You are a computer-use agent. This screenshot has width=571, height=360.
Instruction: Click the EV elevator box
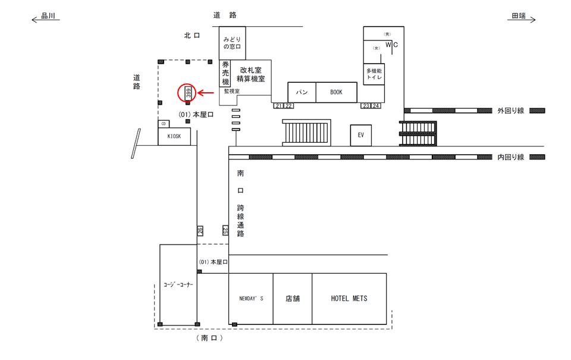click(360, 135)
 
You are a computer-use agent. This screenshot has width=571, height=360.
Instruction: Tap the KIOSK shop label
click(174, 136)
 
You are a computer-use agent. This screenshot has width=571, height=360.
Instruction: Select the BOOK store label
click(337, 92)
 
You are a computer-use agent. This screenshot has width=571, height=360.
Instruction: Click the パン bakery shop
click(302, 92)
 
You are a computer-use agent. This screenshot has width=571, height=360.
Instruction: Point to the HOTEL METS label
click(349, 299)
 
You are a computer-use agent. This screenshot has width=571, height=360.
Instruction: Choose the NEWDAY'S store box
click(251, 299)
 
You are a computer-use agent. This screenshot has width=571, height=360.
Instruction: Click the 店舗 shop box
click(292, 299)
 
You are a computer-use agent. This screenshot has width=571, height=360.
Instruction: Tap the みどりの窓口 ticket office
click(232, 43)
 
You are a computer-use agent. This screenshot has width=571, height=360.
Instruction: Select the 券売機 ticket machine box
click(225, 73)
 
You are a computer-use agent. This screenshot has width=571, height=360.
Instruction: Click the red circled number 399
click(188, 93)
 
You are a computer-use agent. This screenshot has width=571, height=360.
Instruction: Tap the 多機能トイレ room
click(375, 74)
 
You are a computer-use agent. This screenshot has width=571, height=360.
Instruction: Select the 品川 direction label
click(48, 17)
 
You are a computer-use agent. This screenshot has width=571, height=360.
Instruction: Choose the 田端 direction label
click(519, 17)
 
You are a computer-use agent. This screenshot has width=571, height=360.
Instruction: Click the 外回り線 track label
click(510, 111)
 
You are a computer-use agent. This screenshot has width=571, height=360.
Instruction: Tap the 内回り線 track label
click(510, 157)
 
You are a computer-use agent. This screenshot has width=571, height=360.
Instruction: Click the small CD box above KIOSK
click(164, 124)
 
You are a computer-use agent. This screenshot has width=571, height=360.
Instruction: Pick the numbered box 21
click(279, 106)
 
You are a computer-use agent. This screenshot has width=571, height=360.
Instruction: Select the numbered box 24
click(376, 106)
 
